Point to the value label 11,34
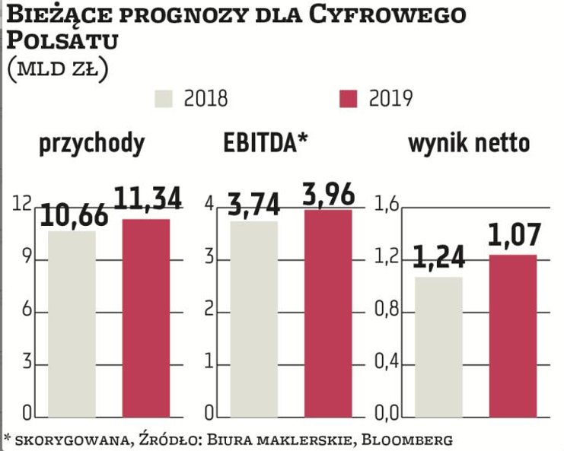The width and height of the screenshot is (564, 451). tap(148, 199)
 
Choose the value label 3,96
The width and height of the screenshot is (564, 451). tap(328, 194)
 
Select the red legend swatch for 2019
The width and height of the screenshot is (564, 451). tap(348, 99)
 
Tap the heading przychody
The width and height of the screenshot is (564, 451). tap(91, 145)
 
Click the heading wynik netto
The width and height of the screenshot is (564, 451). tap(469, 144)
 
